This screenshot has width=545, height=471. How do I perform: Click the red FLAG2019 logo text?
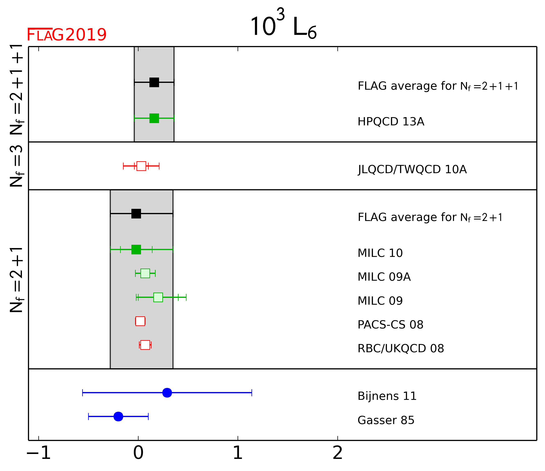(x=67, y=35)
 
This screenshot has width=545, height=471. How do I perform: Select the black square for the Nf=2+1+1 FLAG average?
(x=154, y=82)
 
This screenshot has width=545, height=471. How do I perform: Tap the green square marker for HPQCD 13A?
(x=154, y=118)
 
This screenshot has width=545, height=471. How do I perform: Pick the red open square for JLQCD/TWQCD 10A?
(x=141, y=166)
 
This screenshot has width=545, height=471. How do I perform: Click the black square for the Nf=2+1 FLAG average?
(x=136, y=214)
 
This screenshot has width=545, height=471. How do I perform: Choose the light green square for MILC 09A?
(x=145, y=273)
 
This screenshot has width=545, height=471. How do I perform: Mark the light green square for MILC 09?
(x=158, y=297)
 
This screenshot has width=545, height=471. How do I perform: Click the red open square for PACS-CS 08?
(x=140, y=321)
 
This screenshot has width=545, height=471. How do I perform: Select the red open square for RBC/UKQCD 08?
(x=145, y=345)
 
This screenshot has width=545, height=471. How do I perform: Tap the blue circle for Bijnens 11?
(x=167, y=393)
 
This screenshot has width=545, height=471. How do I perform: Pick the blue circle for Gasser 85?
(x=118, y=416)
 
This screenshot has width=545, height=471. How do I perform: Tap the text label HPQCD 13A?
(x=391, y=122)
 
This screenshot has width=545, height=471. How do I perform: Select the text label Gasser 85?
(x=386, y=420)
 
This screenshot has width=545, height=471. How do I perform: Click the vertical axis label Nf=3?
(x=17, y=166)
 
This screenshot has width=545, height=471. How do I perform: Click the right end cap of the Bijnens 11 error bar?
(x=252, y=393)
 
